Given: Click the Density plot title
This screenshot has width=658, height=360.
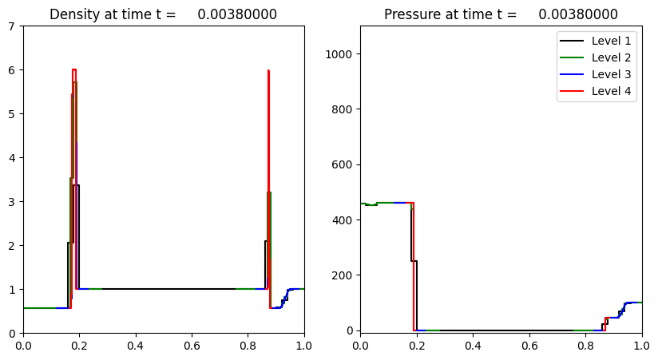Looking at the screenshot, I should point(163,14).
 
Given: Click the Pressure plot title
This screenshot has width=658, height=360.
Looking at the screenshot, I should point(501,14).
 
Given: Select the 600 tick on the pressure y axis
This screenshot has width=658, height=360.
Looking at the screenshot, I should point(345,165).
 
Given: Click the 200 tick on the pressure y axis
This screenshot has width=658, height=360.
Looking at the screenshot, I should point(345,275).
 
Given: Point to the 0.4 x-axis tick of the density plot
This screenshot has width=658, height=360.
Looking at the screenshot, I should point(136,345).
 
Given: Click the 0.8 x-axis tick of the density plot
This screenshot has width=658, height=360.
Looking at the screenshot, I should point(248,345).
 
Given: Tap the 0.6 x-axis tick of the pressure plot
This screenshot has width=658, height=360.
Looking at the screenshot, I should point(529,345).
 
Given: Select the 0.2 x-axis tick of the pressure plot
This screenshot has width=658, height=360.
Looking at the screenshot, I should point(417,345).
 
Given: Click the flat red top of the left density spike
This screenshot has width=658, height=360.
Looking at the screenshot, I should point(73,69).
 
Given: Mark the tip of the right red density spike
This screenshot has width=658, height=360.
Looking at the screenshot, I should point(268,70).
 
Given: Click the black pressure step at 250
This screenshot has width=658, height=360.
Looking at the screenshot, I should point(414,261).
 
